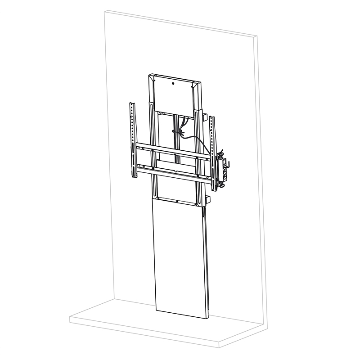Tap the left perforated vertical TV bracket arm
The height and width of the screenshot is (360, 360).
[132, 139]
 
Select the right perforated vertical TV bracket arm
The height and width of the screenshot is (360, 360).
[213, 153]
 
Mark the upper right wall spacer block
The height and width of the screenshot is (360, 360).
[205, 118]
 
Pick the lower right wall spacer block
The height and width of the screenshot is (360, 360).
[207, 199]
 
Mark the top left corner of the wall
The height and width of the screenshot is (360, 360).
[104, 13]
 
